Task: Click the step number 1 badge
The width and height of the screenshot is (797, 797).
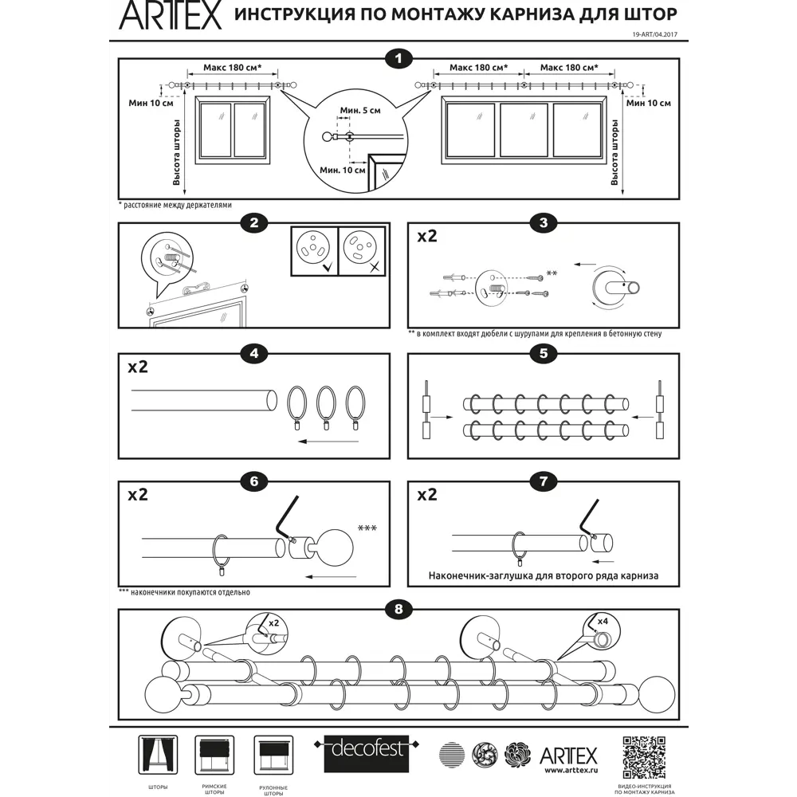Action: point(398,58)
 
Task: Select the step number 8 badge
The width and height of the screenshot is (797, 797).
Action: point(398,610)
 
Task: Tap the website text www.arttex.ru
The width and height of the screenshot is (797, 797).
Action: point(568,771)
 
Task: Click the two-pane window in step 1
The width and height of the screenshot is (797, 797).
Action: point(232,129)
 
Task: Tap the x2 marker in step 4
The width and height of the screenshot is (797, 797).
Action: point(138,367)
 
